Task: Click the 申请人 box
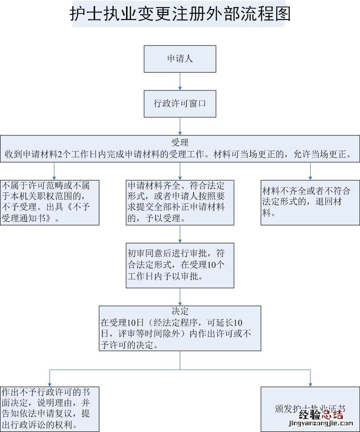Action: [x=180, y=58]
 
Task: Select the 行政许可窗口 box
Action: [x=180, y=103]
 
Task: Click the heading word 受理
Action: [x=180, y=142]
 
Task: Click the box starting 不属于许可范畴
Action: [x=49, y=202]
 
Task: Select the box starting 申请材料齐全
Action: [x=180, y=202]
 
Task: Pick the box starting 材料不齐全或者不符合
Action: [x=310, y=202]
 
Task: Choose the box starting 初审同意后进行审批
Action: [x=180, y=266]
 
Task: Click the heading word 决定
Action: [x=180, y=311]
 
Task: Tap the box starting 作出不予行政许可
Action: [x=49, y=409]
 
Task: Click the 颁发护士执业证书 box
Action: [x=310, y=409]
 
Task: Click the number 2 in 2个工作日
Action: [x=58, y=155]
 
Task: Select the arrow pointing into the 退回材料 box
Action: [x=310, y=171]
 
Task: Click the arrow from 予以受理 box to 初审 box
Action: [x=180, y=234]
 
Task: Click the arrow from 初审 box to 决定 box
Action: [x=180, y=297]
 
